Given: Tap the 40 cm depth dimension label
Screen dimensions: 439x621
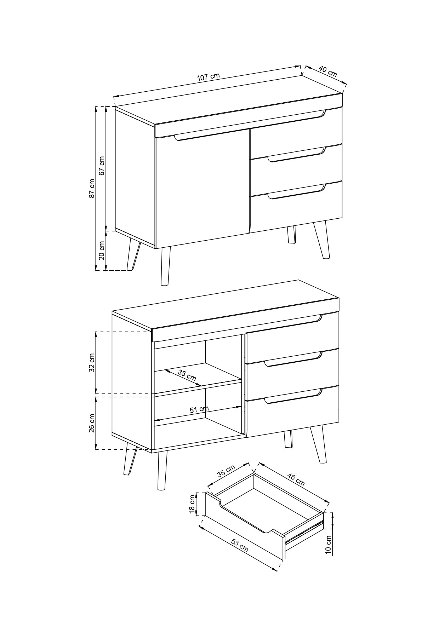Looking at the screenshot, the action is (x=328, y=71).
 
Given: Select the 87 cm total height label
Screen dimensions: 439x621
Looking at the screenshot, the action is (x=92, y=188).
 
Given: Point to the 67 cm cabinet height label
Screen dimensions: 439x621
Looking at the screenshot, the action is (x=102, y=166).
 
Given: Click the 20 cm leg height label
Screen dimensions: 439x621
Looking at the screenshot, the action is (x=102, y=251).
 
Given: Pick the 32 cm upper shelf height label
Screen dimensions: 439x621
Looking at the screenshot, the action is (x=92, y=363).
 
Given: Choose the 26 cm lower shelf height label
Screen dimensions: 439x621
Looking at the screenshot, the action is (x=92, y=423).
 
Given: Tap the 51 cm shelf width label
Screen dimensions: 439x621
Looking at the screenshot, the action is (x=199, y=409).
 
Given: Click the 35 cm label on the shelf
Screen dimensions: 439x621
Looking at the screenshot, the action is (x=187, y=375).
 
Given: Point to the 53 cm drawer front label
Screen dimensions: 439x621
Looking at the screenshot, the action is (x=240, y=546).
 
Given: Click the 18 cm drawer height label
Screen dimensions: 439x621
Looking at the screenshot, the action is (x=193, y=504).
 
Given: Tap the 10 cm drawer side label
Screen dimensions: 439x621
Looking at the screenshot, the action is (x=328, y=545).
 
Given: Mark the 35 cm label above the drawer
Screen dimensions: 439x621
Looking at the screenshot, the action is (x=226, y=471).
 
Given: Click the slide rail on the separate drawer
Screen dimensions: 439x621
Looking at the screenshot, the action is (x=304, y=531).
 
